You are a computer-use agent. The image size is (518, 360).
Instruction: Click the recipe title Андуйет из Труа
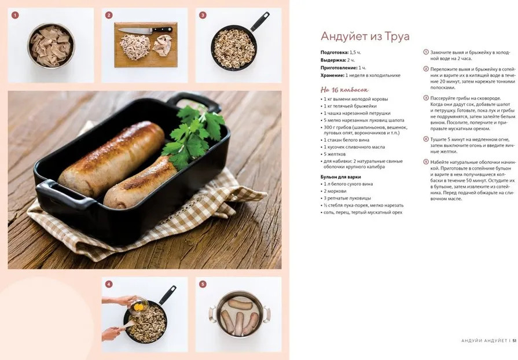pyautogui.click(x=365, y=36)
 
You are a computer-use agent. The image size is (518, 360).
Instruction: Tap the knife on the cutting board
pyautogui.click(x=145, y=30)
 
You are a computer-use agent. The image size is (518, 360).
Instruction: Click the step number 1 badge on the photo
pyautogui.click(x=15, y=15)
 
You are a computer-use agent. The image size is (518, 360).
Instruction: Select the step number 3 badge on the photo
pyautogui.click(x=203, y=15)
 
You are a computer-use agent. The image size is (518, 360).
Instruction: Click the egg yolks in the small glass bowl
pyautogui.click(x=139, y=307)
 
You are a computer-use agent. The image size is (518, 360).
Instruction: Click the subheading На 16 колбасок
pyautogui.click(x=344, y=90)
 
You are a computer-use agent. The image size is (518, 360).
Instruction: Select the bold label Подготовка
pyautogui.click(x=335, y=53)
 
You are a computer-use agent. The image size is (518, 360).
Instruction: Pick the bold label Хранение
pyautogui.click(x=332, y=75)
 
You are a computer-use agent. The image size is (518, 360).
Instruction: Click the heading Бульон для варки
pyautogui.click(x=340, y=177)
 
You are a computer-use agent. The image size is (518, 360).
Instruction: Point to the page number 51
pyautogui.click(x=515, y=340)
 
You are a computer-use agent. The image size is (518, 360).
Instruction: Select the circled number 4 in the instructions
pyautogui.click(x=426, y=139)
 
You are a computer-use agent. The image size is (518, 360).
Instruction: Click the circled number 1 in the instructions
pyautogui.click(x=426, y=52)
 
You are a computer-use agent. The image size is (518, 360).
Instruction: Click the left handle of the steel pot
pyautogui.click(x=212, y=314)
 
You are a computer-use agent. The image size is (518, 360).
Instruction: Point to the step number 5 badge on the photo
pyautogui.click(x=203, y=284)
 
